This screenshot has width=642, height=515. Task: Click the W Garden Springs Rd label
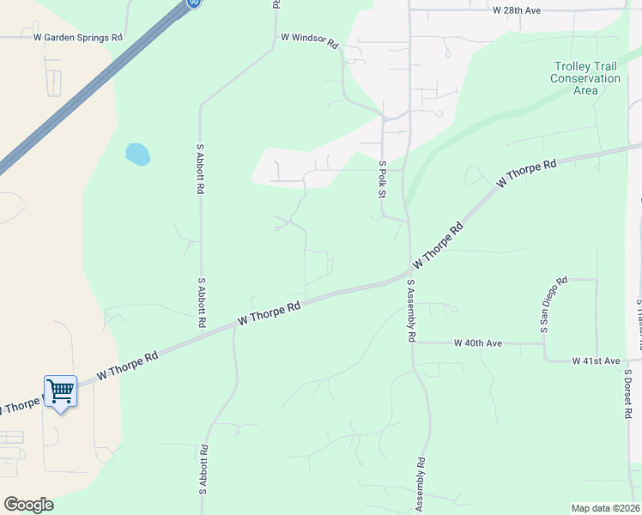tap(77, 38)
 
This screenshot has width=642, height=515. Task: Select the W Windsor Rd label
tap(311, 40)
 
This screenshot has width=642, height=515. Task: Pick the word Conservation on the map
tap(585, 78)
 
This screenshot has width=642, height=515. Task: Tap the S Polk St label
tap(382, 178)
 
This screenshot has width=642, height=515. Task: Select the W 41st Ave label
tap(596, 361)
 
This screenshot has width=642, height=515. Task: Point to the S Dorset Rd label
tap(627, 394)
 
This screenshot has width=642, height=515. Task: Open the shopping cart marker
tap(60, 391)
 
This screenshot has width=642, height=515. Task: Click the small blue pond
tap(137, 154)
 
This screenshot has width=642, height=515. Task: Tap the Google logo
tap(28, 505)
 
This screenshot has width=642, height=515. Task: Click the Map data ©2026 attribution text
tap(605, 508)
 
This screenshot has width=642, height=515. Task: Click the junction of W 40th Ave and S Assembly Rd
tap(412, 343)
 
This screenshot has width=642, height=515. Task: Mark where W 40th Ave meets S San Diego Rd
tap(543, 343)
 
